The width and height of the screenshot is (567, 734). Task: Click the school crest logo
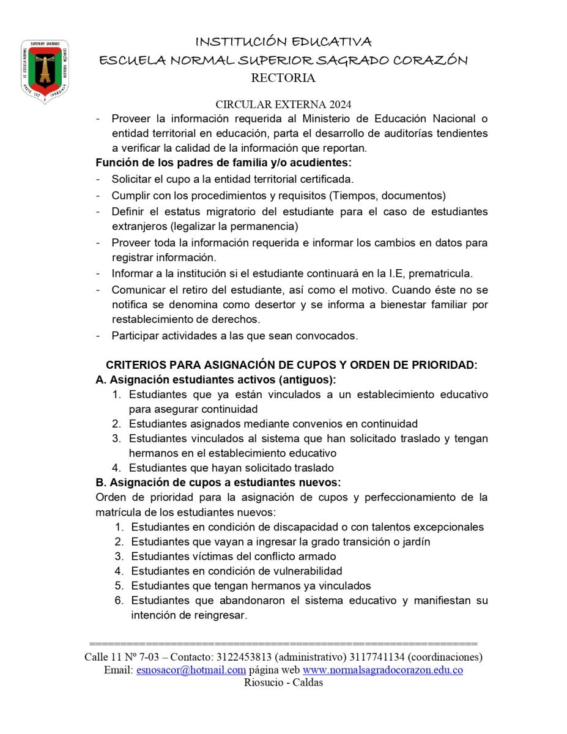point(45,71)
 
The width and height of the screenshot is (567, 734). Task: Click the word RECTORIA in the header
point(283,78)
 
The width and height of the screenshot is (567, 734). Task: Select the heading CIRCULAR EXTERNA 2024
point(283,105)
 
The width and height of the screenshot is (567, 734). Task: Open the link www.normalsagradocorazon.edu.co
point(383,670)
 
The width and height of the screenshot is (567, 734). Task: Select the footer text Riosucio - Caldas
point(283,683)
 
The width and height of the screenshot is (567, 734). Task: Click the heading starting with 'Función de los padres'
point(223,163)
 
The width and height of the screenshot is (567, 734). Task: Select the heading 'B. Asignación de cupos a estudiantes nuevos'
point(218,483)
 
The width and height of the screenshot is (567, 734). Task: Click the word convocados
point(330,335)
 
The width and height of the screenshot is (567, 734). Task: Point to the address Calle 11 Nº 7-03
point(122,657)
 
